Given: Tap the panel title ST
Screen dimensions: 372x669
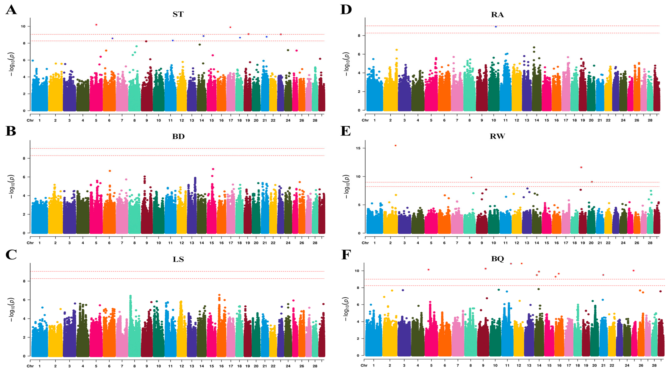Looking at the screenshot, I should pyautogui.click(x=178, y=14).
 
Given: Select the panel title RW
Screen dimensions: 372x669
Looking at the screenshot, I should pyautogui.click(x=497, y=137).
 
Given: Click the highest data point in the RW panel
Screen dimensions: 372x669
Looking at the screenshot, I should pyautogui.click(x=395, y=145).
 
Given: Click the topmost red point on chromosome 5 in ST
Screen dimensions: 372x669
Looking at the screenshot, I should pyautogui.click(x=96, y=25).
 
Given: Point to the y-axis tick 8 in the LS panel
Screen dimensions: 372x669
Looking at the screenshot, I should pyautogui.click(x=24, y=281).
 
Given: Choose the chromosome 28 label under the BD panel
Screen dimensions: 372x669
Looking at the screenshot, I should pyautogui.click(x=315, y=243).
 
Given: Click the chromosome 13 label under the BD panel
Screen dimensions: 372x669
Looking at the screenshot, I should pyautogui.click(x=192, y=243).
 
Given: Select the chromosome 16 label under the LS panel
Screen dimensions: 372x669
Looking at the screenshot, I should pyautogui.click(x=221, y=366).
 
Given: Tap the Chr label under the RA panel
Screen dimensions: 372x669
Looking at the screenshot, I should pyautogui.click(x=365, y=120).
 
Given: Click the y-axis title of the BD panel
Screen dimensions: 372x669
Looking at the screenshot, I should pyautogui.click(x=12, y=187).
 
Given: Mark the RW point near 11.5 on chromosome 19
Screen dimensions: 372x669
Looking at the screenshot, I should pyautogui.click(x=581, y=167).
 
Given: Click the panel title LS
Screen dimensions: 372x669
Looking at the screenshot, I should pyautogui.click(x=178, y=259).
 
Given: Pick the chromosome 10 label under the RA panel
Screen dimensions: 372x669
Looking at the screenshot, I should pyautogui.click(x=493, y=120).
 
